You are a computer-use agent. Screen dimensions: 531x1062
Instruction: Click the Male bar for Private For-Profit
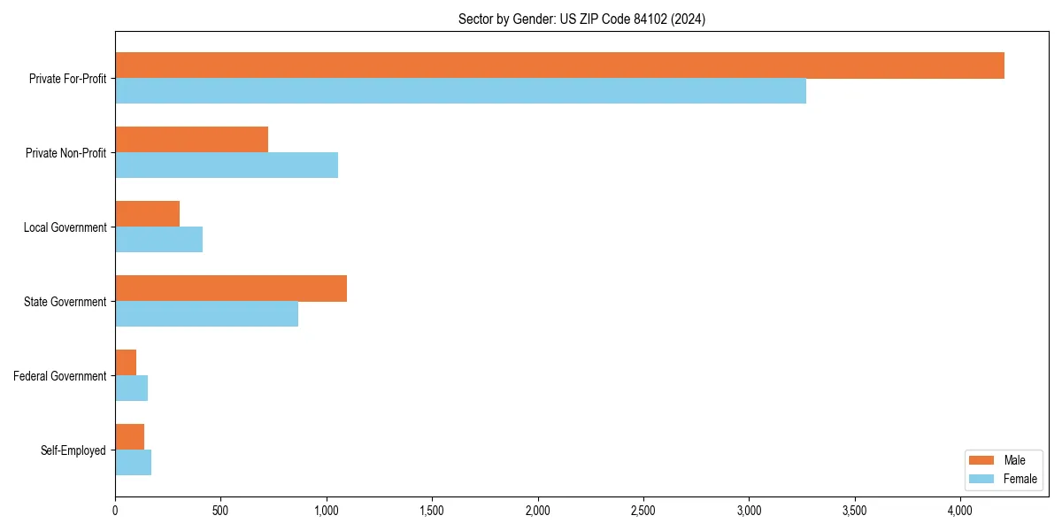click(x=559, y=65)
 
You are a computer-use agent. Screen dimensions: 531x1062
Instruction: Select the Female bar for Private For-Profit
click(x=460, y=91)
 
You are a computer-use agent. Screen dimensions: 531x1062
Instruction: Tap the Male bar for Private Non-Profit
click(x=191, y=140)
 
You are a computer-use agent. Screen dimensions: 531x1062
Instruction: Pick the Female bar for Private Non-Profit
click(x=227, y=165)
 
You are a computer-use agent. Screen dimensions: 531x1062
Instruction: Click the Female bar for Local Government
click(x=158, y=240)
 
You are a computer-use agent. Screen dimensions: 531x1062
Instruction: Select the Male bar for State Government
click(x=231, y=289)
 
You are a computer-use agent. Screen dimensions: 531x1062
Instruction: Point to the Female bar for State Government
click(x=206, y=314)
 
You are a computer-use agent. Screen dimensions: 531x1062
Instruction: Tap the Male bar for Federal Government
click(x=126, y=363)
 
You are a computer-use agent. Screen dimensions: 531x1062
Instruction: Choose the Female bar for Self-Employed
click(x=133, y=463)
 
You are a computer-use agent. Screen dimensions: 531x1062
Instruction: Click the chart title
click(x=581, y=19)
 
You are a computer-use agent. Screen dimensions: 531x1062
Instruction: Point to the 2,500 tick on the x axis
click(x=643, y=511)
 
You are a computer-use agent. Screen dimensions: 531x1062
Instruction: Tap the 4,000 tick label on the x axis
click(x=960, y=511)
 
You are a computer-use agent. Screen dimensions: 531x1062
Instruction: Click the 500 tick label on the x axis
click(x=220, y=511)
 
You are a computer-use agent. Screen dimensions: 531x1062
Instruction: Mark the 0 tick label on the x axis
click(x=115, y=511)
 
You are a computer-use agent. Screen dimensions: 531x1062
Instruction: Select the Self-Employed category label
click(x=73, y=450)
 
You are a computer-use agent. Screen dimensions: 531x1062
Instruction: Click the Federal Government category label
click(x=60, y=376)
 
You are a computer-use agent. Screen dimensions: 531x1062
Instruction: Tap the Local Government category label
click(x=65, y=227)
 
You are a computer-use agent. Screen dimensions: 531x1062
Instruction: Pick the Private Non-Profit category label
click(x=65, y=153)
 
